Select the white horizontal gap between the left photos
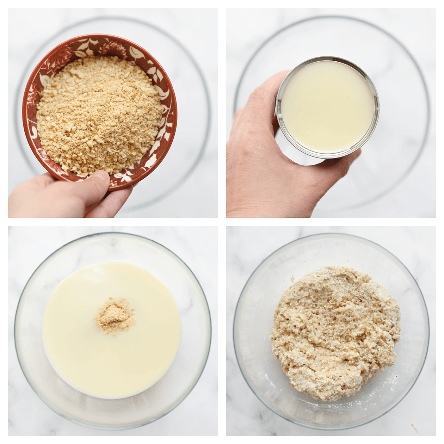coord(113,222)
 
